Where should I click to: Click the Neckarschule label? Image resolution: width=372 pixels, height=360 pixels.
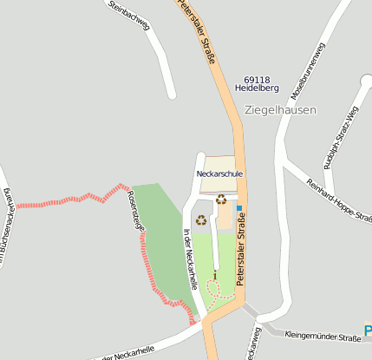(x=219, y=173)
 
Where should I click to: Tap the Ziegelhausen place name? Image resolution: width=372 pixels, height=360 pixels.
(x=280, y=110)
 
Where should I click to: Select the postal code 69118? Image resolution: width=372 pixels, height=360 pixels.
(x=257, y=79)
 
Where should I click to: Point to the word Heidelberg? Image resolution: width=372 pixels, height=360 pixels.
(x=257, y=88)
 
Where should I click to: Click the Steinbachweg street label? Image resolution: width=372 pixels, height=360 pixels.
(x=129, y=15)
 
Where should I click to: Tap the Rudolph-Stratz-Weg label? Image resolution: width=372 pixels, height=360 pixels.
(x=340, y=138)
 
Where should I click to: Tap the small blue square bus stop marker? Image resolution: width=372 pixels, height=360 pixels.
(x=239, y=208)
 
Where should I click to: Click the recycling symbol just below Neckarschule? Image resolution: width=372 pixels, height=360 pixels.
(x=221, y=199)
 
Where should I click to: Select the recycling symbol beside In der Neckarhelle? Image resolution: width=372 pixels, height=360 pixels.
(x=201, y=219)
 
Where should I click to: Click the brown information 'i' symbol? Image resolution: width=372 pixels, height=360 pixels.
(x=215, y=275)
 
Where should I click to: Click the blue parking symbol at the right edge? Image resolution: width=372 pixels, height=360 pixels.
(x=368, y=331)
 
